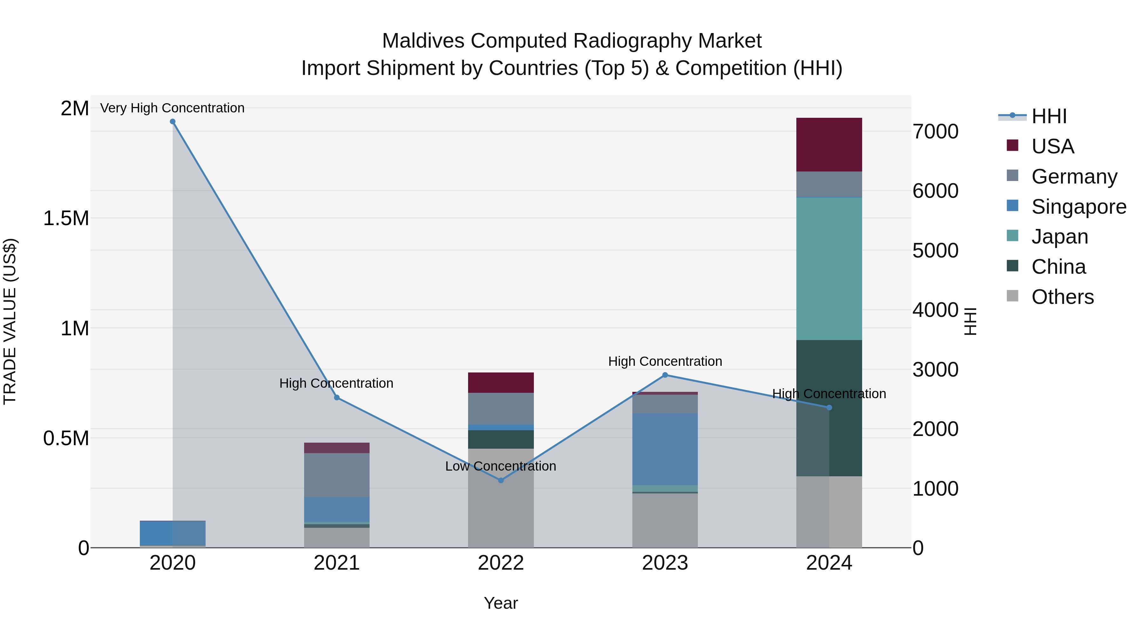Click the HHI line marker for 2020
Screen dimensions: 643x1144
173,122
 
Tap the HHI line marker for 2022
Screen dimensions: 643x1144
501,480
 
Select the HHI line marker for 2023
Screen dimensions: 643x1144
665,375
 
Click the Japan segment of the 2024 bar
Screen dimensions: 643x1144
829,268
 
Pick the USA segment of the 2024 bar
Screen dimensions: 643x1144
829,145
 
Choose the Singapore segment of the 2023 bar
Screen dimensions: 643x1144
665,449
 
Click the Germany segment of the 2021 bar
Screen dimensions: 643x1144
337,475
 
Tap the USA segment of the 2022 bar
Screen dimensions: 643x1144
501,383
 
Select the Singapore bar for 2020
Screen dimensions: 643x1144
173,532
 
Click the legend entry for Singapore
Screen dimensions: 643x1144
1078,207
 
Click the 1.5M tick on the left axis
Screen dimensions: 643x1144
66,218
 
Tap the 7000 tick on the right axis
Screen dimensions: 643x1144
935,132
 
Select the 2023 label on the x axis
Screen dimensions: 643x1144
665,563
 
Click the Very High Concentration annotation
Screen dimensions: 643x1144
172,108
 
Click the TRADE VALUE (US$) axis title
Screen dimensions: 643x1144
10,321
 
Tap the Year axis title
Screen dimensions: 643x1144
500,603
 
